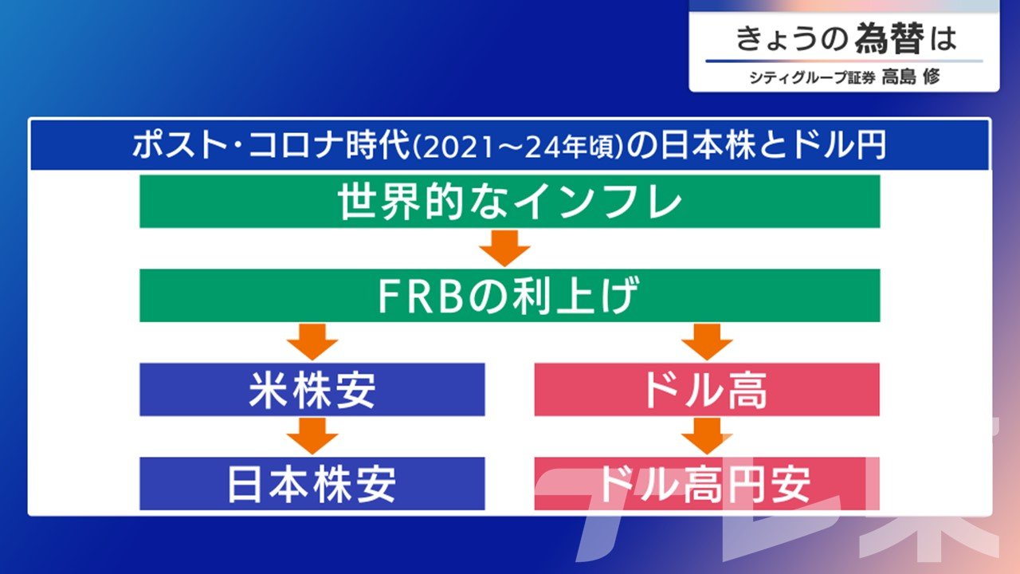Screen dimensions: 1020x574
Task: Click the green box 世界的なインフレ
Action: pyautogui.click(x=509, y=201)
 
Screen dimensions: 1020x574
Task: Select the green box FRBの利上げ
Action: pyautogui.click(x=509, y=295)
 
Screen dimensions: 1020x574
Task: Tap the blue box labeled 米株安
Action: pyautogui.click(x=312, y=390)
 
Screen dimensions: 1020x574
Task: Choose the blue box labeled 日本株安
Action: pyautogui.click(x=312, y=483)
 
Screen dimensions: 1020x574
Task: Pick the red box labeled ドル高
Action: pyautogui.click(x=707, y=390)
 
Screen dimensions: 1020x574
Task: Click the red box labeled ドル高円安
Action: pyautogui.click(x=707, y=483)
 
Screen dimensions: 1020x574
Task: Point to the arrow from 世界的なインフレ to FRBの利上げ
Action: pyautogui.click(x=504, y=248)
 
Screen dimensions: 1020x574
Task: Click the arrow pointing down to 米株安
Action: pyautogui.click(x=312, y=342)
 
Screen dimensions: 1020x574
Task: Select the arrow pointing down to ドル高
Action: pyautogui.click(x=707, y=342)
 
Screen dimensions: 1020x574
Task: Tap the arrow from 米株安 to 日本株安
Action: pyautogui.click(x=312, y=436)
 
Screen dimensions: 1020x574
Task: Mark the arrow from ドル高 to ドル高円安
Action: pyautogui.click(x=707, y=436)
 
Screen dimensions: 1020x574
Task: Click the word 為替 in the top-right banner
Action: pyautogui.click(x=889, y=39)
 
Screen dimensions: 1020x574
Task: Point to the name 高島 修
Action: pyautogui.click(x=911, y=77)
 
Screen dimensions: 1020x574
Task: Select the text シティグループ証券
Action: pyautogui.click(x=812, y=77)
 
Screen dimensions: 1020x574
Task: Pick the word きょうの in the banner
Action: pyautogui.click(x=792, y=39)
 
